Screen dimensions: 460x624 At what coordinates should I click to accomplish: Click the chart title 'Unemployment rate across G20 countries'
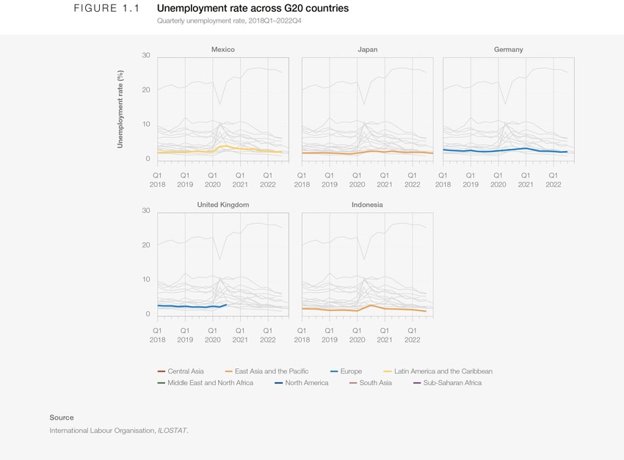click(x=253, y=8)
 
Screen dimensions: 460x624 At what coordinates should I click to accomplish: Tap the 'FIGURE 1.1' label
click(x=106, y=8)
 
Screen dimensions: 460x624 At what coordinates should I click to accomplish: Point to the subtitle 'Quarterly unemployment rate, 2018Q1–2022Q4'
click(x=229, y=21)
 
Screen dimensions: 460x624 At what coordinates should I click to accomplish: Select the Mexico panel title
click(x=222, y=50)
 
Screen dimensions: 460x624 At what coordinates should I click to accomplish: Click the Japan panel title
click(x=367, y=50)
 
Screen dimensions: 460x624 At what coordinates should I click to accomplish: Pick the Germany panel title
click(x=508, y=50)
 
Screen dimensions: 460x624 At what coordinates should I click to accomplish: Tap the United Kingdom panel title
click(x=222, y=205)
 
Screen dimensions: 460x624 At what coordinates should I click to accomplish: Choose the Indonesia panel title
click(x=367, y=205)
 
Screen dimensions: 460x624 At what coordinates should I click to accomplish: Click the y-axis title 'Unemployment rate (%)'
click(x=120, y=109)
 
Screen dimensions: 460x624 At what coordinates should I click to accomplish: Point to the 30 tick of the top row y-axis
click(x=145, y=56)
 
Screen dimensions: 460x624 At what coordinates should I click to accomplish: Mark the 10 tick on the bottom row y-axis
click(x=145, y=280)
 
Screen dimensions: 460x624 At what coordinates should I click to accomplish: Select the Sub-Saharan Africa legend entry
click(x=452, y=383)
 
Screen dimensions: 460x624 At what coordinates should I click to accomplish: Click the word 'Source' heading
click(x=62, y=417)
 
